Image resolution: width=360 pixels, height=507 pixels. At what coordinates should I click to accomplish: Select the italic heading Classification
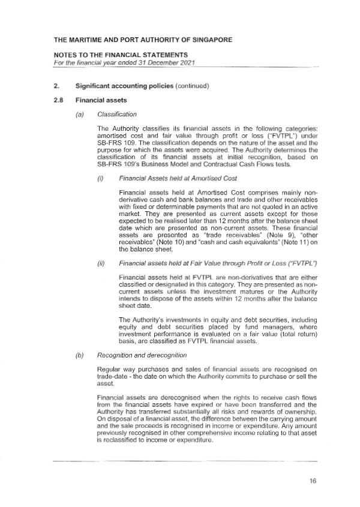coord(117,113)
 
